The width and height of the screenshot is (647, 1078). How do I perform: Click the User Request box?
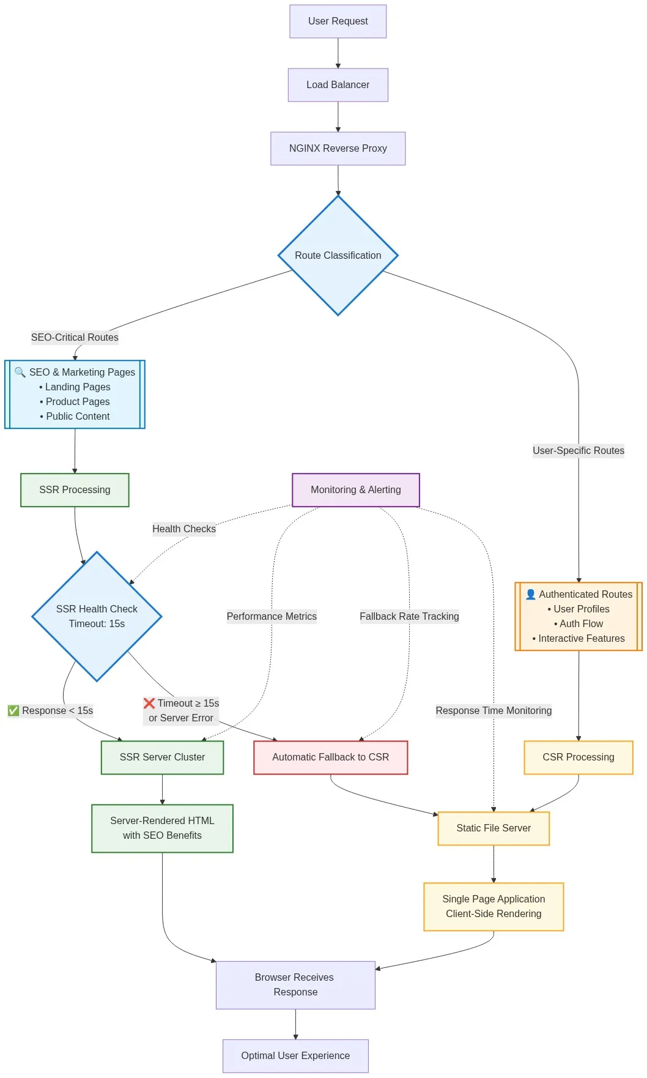pyautogui.click(x=338, y=21)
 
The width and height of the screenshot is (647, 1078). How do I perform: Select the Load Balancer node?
pyautogui.click(x=338, y=85)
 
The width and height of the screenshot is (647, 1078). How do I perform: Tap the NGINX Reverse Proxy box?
pyautogui.click(x=338, y=149)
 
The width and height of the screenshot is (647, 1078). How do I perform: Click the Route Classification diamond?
pyautogui.click(x=338, y=256)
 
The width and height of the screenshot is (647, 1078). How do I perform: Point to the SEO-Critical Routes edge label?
pyautogui.click(x=75, y=338)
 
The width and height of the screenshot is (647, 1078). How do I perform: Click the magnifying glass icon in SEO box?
pyautogui.click(x=20, y=372)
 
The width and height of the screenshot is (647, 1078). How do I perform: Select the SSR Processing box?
pyautogui.click(x=75, y=490)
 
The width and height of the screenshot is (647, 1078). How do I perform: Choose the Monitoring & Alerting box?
pyautogui.click(x=355, y=490)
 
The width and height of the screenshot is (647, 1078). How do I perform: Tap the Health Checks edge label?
pyautogui.click(x=183, y=529)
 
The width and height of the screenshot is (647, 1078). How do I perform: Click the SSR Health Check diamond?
pyautogui.click(x=97, y=617)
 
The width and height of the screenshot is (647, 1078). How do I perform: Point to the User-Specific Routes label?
pyautogui.click(x=578, y=451)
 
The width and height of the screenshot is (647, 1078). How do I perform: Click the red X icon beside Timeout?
pyautogui.click(x=149, y=704)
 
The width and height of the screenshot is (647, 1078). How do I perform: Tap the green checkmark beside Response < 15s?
pyautogui.click(x=13, y=711)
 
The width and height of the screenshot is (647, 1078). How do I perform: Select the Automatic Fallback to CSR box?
pyautogui.click(x=330, y=757)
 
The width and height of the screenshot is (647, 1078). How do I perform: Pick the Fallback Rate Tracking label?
pyautogui.click(x=409, y=617)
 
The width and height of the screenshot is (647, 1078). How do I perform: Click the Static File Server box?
pyautogui.click(x=494, y=828)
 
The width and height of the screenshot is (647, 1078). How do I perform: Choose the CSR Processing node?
pyautogui.click(x=578, y=757)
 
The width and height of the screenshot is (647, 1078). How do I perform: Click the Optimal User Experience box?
pyautogui.click(x=295, y=1056)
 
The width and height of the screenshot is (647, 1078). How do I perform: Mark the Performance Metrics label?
pyautogui.click(x=272, y=617)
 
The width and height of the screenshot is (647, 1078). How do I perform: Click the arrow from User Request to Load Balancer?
pyautogui.click(x=338, y=53)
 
